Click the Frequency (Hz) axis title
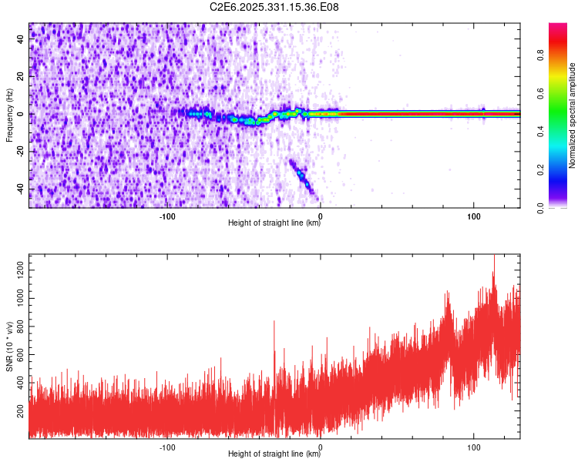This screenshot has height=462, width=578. pos(9,115)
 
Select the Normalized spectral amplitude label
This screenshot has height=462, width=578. pos(573,115)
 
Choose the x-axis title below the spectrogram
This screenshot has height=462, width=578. pos(274,224)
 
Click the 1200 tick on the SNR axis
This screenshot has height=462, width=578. pos(18,266)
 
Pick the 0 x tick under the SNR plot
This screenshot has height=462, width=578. pos(320,447)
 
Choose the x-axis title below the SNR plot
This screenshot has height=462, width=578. pos(274,455)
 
